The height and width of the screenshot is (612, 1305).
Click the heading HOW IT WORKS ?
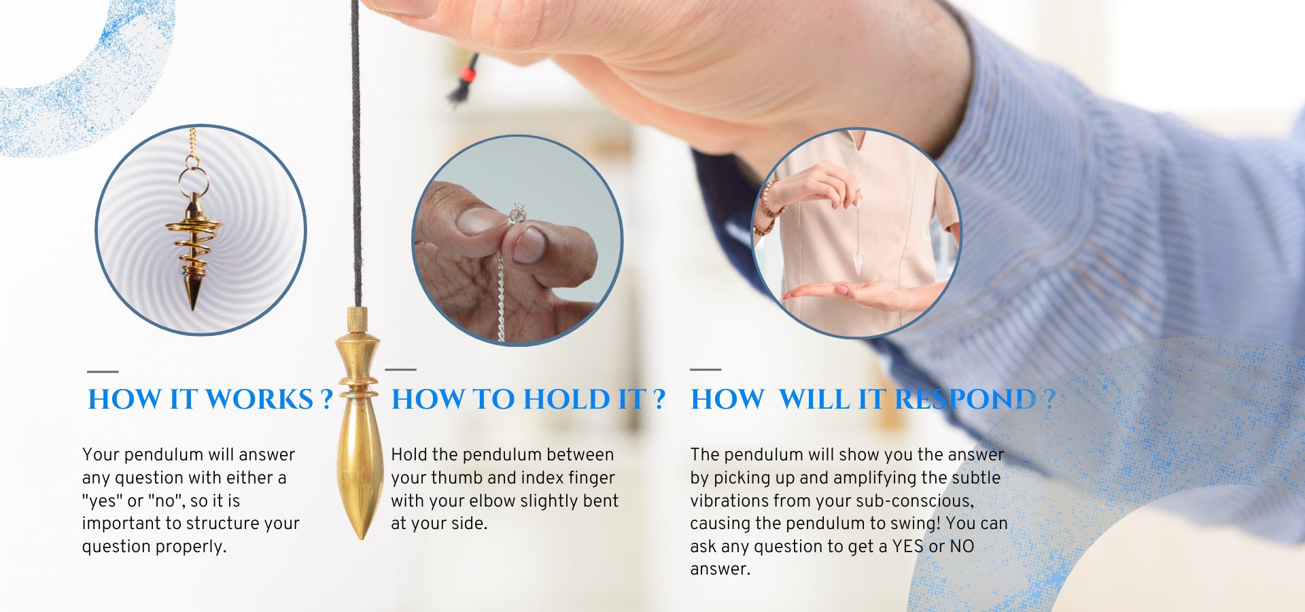(x=211, y=399)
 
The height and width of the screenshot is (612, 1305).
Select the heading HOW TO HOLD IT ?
(x=528, y=399)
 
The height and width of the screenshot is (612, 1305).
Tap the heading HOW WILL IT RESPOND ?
(x=873, y=399)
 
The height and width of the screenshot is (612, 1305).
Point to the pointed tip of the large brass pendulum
(x=361, y=538)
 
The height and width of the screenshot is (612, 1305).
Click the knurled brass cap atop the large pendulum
(x=358, y=319)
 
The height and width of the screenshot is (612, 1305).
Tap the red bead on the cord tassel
(x=466, y=72)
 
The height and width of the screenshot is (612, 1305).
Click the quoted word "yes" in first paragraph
(x=102, y=500)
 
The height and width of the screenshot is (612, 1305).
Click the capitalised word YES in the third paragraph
(x=908, y=546)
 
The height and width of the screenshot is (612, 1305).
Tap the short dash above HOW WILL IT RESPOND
(x=706, y=369)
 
